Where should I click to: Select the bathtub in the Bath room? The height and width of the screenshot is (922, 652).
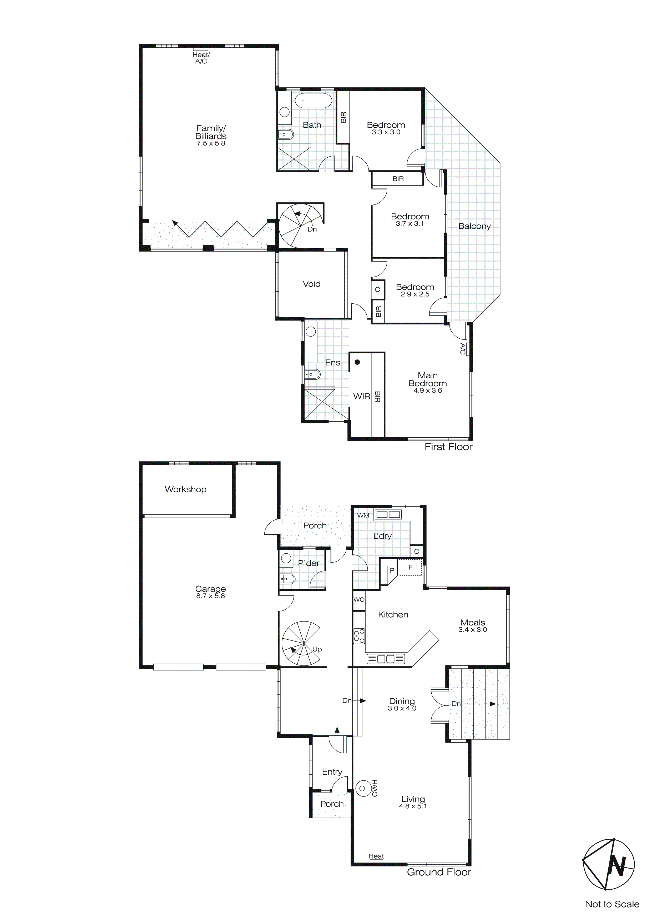tap(313, 101)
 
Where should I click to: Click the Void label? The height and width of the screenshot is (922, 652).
tap(312, 284)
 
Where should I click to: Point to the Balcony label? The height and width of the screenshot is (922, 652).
tap(474, 226)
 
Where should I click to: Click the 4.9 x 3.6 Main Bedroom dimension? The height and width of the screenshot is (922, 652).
tap(428, 390)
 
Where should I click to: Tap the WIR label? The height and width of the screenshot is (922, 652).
tap(361, 396)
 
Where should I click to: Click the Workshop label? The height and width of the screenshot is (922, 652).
tap(185, 489)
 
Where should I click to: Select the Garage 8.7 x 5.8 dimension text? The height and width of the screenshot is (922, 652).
tap(210, 596)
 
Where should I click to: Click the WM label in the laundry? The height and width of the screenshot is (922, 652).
tap(363, 515)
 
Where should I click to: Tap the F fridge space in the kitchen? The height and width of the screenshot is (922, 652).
tap(410, 567)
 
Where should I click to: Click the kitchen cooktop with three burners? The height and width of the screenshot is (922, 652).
tap(359, 636)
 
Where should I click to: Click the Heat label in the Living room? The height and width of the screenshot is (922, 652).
tap(376, 856)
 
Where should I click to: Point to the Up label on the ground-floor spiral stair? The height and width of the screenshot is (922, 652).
tap(317, 649)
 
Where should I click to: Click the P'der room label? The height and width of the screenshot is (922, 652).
tap(309, 563)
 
